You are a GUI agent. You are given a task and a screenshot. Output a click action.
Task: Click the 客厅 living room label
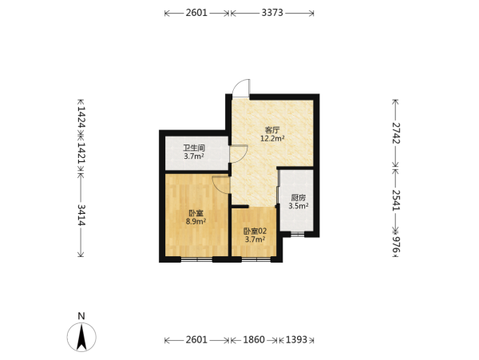point(272,130)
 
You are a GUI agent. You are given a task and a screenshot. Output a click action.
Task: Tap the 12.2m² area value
point(272,139)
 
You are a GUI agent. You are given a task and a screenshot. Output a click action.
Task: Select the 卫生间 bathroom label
point(194,148)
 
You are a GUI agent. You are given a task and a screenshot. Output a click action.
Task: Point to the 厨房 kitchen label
point(298,197)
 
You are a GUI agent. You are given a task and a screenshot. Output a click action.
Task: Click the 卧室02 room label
point(255,231)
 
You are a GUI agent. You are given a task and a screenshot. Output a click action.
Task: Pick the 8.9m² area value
point(196,221)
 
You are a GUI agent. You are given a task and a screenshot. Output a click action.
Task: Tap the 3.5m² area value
point(298,206)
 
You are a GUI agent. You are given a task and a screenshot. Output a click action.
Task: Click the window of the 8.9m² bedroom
point(196,260)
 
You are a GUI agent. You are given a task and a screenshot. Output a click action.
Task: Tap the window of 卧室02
point(256,260)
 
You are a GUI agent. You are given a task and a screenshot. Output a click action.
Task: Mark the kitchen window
point(297,235)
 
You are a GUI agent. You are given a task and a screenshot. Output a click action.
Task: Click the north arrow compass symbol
point(81,337)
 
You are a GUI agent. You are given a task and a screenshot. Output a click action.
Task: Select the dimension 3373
point(272,13)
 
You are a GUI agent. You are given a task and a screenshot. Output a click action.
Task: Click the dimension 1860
point(254,339)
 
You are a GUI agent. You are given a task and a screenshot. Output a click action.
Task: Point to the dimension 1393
point(296,339)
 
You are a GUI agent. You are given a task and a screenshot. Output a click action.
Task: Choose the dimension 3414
point(81,215)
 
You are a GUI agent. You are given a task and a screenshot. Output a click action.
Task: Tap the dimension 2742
point(396,133)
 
